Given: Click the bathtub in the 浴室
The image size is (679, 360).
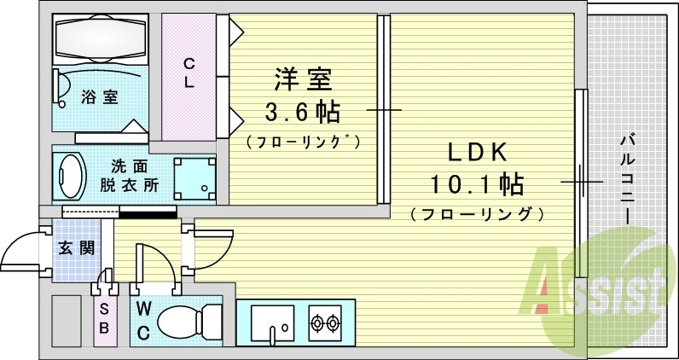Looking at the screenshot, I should pyautogui.click(x=102, y=38).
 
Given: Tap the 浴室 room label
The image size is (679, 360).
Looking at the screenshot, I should pyautogui.click(x=100, y=97).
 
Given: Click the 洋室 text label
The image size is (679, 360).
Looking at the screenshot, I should pyautogui.click(x=302, y=82).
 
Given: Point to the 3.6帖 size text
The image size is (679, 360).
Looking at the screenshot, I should pyautogui.click(x=302, y=112).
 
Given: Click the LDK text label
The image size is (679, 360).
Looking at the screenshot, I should pyautogui.click(x=478, y=153).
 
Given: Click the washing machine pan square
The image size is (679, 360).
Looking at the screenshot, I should pyautogui.click(x=194, y=178).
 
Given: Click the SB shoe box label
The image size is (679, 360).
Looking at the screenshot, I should pyautogui.click(x=104, y=316).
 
